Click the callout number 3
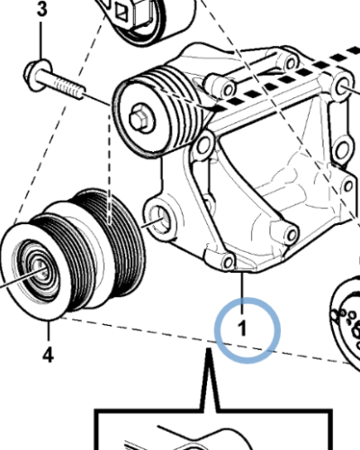click(42, 9)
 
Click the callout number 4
click(48, 355)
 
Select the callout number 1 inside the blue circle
click(242, 328)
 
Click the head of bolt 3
click(35, 74)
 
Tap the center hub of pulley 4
click(39, 267)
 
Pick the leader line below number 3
click(41, 39)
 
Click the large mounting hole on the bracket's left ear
click(158, 219)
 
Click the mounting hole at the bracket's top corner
click(291, 64)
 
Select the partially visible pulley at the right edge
click(346, 318)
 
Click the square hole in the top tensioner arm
click(121, 12)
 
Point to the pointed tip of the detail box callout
click(209, 349)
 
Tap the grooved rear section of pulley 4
click(117, 240)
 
